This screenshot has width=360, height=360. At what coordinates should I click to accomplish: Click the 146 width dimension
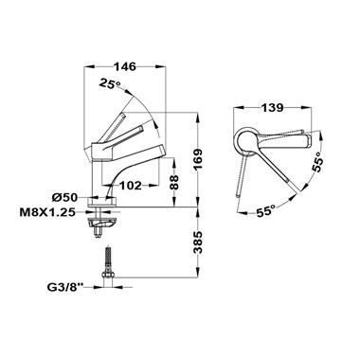124,66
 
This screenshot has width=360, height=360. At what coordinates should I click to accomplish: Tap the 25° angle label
110,83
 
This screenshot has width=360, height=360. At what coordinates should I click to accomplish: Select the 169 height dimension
198,159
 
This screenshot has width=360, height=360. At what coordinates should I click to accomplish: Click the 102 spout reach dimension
131,186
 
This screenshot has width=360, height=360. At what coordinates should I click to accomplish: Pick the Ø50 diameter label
64,198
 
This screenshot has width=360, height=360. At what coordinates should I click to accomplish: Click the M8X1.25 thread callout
47,212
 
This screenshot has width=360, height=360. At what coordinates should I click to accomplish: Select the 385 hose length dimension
198,243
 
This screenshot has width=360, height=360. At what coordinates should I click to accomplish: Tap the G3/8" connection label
65,287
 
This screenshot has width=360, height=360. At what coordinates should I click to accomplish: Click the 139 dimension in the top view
273,108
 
